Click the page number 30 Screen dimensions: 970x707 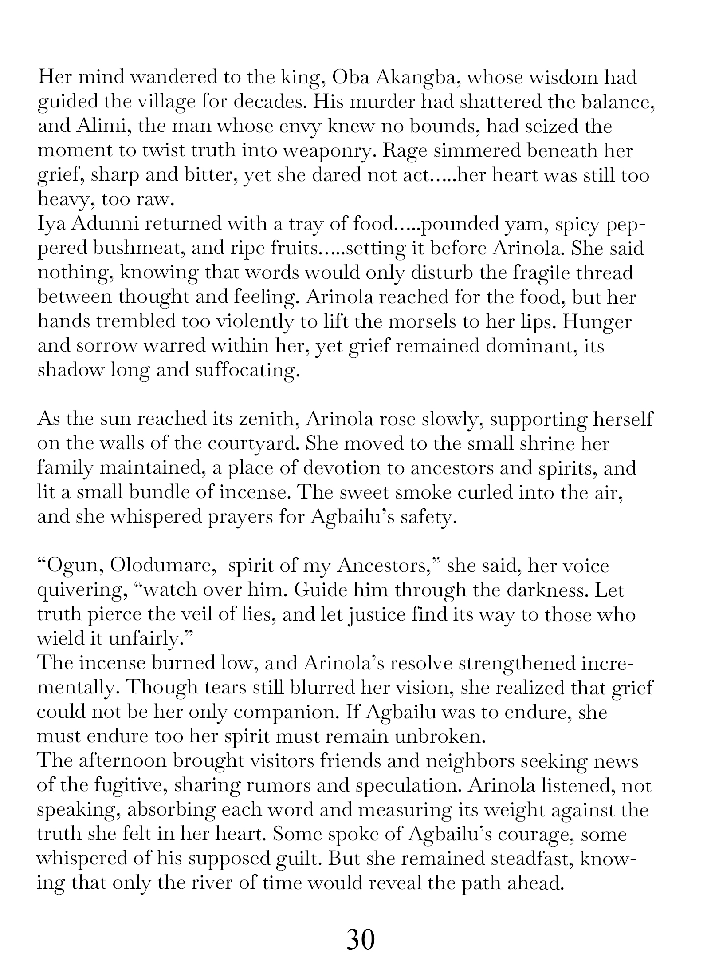pos(361,940)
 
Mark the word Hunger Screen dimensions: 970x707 pos(597,322)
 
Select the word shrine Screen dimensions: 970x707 pos(541,443)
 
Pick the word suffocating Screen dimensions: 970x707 pos(245,370)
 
